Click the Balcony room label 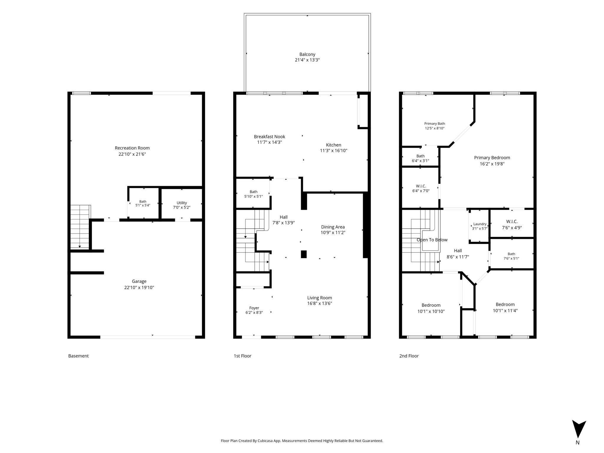pos(307,54)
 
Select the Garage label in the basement pos(139,281)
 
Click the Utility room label pos(182,203)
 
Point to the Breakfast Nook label pos(270,137)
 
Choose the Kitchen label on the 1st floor pos(334,145)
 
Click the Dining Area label pos(333,227)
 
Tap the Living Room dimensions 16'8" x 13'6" pos(320,303)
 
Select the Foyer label pos(254,308)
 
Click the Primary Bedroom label pos(492,158)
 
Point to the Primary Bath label pos(435,124)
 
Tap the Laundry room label pos(480,224)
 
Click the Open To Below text pos(432,240)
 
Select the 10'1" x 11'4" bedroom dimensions pos(505,311)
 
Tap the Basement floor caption pos(78,356)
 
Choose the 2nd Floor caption pos(409,356)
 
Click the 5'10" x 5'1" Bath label pos(254,194)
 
